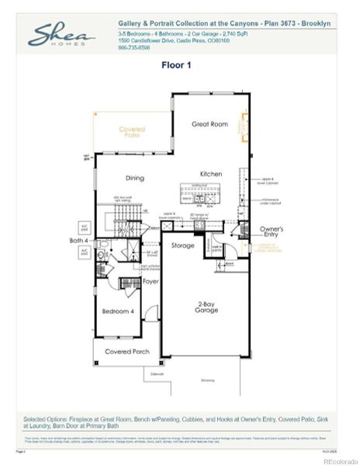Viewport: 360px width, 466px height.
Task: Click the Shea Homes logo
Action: pos(62,35)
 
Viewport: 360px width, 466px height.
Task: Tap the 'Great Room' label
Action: pos(209,123)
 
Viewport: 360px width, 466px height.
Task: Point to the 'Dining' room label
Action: pos(135,178)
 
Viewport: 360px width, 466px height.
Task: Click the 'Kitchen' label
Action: pos(211,174)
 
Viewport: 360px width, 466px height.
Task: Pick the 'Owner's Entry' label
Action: pos(272,232)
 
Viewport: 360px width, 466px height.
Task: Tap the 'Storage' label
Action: pos(183,245)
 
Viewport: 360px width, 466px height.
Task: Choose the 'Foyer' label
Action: pos(151,281)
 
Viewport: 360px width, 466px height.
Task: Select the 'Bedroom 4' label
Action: pos(118,311)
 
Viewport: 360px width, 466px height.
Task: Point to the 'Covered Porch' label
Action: pos(127,352)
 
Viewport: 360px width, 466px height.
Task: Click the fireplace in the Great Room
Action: pos(244,124)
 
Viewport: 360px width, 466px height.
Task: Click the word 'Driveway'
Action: pos(208,380)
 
